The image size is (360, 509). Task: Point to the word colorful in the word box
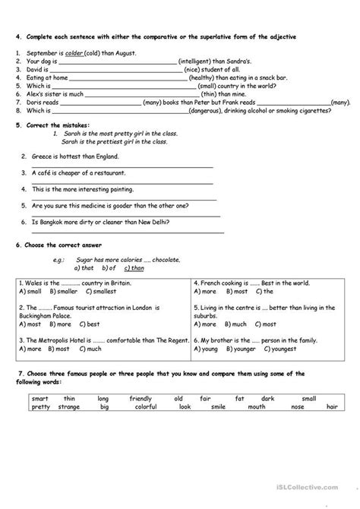click(x=141, y=406)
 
